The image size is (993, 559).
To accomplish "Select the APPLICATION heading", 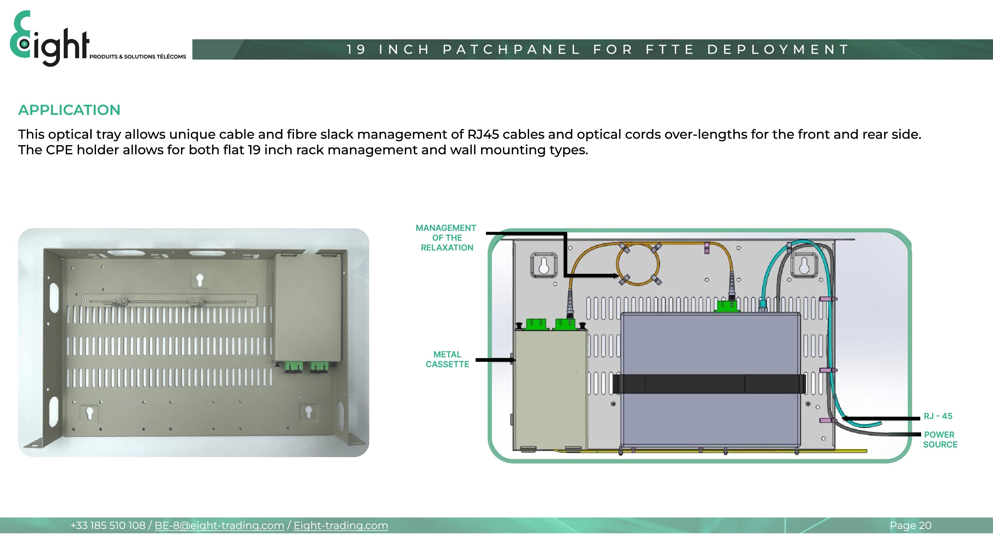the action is [x=69, y=110].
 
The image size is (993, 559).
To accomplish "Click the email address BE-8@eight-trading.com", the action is [x=219, y=526].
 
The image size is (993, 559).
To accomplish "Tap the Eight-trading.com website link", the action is [x=341, y=526].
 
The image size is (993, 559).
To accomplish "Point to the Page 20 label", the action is [x=910, y=526].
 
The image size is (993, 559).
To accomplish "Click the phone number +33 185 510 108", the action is [x=108, y=526].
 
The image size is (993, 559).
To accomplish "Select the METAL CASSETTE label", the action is [x=447, y=359].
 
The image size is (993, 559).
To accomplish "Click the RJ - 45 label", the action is [x=938, y=416].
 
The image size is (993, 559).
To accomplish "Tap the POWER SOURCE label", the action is [x=940, y=439].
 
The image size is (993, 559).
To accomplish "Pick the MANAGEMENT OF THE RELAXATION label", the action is [x=446, y=238].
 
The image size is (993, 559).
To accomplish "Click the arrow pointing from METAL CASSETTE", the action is [x=496, y=360].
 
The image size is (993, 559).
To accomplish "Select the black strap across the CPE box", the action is [x=708, y=384].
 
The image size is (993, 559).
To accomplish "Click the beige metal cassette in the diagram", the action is [x=550, y=390].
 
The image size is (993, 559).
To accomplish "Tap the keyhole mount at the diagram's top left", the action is [x=543, y=266].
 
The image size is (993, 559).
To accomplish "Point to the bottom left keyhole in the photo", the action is [x=89, y=413].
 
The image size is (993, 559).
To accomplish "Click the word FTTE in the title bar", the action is [x=670, y=49].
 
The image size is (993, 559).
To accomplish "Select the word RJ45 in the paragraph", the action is [x=483, y=134].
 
